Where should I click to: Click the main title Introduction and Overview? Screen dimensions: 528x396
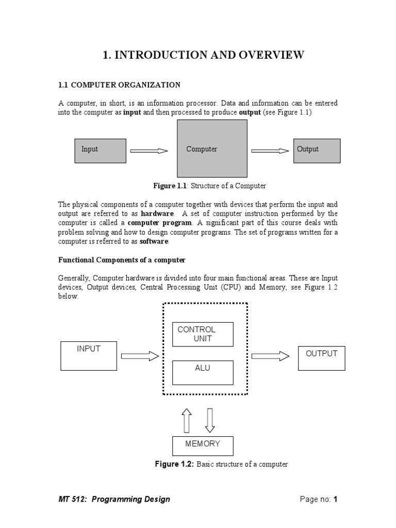click(203, 56)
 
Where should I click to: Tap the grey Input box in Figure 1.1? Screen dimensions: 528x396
click(101, 151)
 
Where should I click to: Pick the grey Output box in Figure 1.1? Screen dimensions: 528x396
click(317, 151)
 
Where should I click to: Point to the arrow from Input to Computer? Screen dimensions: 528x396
click(149, 151)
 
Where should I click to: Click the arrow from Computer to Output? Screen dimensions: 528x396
click(270, 151)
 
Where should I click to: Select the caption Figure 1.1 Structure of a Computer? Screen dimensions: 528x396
click(209, 186)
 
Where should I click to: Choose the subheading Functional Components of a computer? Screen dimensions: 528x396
click(122, 259)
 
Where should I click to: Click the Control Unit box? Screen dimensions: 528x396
click(202, 334)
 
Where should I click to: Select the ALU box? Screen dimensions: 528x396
click(202, 372)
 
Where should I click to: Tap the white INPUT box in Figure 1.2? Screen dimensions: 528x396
click(88, 355)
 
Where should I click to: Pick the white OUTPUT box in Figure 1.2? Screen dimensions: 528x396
click(321, 358)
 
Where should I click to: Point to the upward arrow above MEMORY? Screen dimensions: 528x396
click(187, 420)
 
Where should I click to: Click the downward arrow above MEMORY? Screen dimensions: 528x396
click(209, 420)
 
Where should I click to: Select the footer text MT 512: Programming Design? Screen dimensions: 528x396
click(114, 499)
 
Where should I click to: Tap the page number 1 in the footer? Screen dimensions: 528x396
click(335, 499)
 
